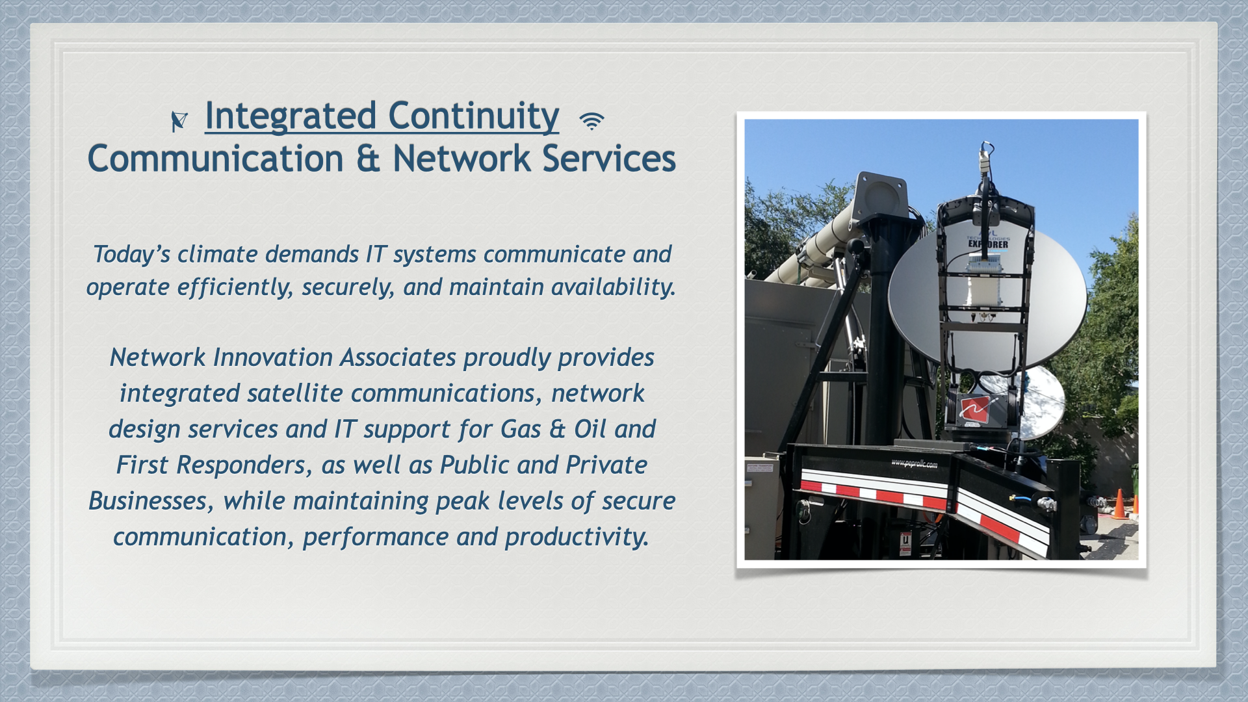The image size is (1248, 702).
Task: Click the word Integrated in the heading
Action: click(291, 116)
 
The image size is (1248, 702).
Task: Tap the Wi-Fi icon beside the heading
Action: click(591, 121)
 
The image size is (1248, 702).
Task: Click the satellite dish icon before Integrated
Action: click(179, 121)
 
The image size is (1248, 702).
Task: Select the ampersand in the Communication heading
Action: click(368, 159)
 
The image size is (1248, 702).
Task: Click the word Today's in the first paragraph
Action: click(132, 254)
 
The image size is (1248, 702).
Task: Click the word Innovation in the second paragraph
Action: click(273, 357)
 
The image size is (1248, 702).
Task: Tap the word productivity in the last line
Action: click(577, 538)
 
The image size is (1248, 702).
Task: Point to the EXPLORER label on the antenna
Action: click(988, 244)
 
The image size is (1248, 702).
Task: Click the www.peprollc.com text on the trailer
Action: click(914, 463)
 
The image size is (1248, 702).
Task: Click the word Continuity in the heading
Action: click(474, 116)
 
